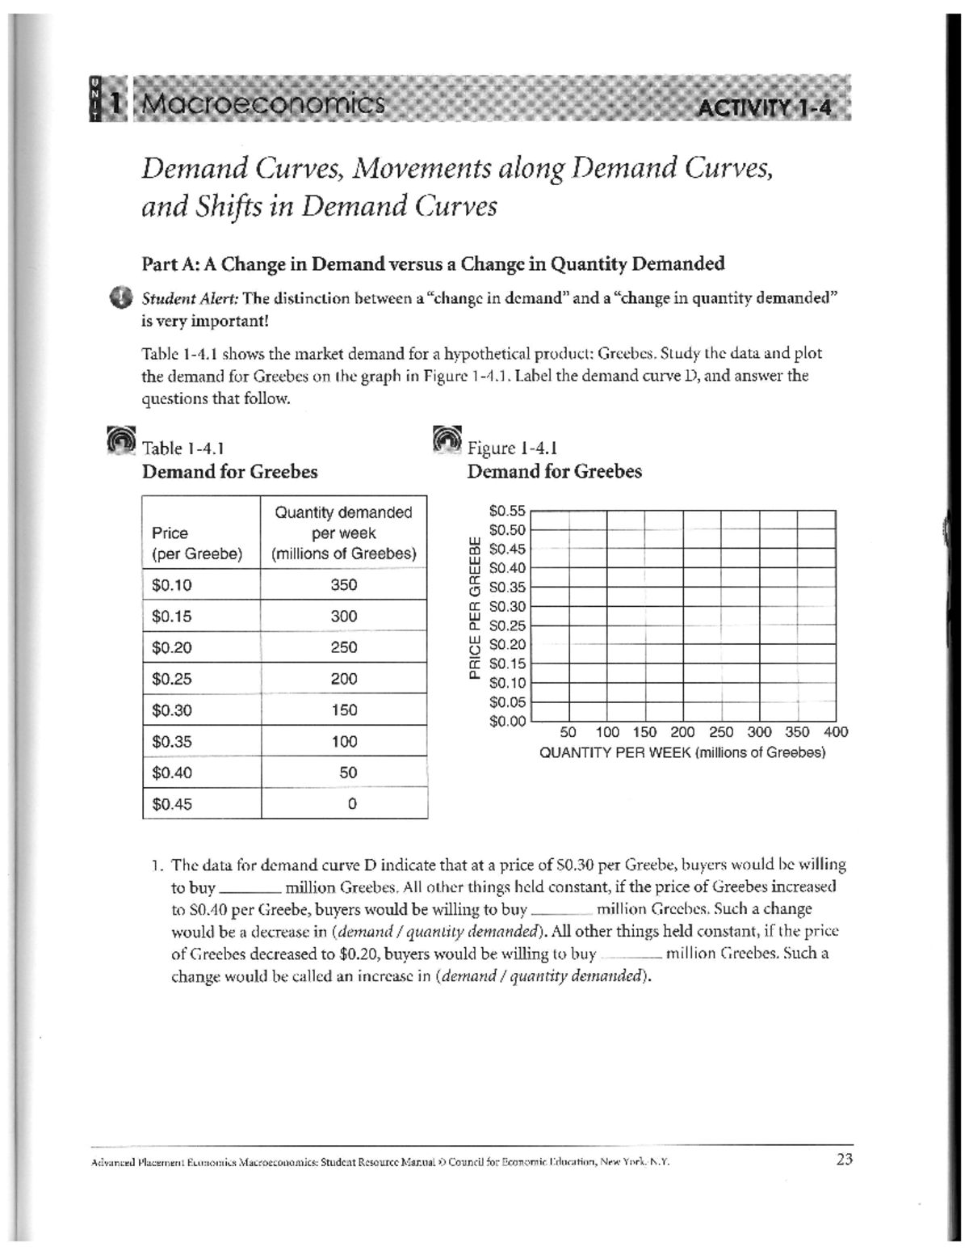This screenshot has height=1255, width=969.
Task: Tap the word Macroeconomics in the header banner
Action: pos(260,103)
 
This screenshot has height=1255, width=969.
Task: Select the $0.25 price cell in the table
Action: pos(172,679)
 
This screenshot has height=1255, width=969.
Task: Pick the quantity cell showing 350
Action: pos(344,584)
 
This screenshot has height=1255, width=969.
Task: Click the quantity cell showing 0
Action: pos(348,804)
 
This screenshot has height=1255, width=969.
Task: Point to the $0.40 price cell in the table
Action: pos(172,773)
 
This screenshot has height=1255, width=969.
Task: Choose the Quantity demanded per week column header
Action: pos(344,533)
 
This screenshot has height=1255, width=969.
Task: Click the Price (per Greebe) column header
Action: pos(196,543)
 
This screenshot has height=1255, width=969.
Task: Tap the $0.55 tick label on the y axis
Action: pos(507,511)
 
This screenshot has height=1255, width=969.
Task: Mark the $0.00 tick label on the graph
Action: pos(507,721)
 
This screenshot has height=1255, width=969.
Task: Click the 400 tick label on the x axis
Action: pos(836,732)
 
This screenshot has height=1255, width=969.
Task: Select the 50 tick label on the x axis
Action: pos(568,732)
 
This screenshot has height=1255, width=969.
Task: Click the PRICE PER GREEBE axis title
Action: pos(476,606)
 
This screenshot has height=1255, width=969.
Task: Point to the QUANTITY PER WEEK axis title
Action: pos(682,753)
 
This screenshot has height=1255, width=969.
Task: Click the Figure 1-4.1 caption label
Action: pos(512,448)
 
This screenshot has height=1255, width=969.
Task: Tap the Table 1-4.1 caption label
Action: pos(182,448)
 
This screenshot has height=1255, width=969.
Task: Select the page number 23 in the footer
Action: pos(845,1160)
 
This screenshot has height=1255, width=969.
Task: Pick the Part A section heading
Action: pos(433,263)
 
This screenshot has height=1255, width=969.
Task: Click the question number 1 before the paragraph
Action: pos(157,865)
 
